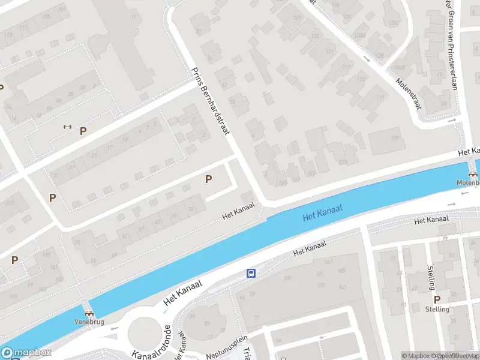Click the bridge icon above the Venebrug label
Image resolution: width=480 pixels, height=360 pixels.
(89, 312)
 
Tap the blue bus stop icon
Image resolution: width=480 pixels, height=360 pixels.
(251, 274)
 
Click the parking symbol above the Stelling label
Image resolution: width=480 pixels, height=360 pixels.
(437, 299)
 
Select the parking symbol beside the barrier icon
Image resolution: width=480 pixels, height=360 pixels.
(83, 130)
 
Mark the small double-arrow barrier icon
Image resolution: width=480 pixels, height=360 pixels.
(67, 127)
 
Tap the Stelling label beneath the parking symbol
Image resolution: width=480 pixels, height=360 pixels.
(437, 309)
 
